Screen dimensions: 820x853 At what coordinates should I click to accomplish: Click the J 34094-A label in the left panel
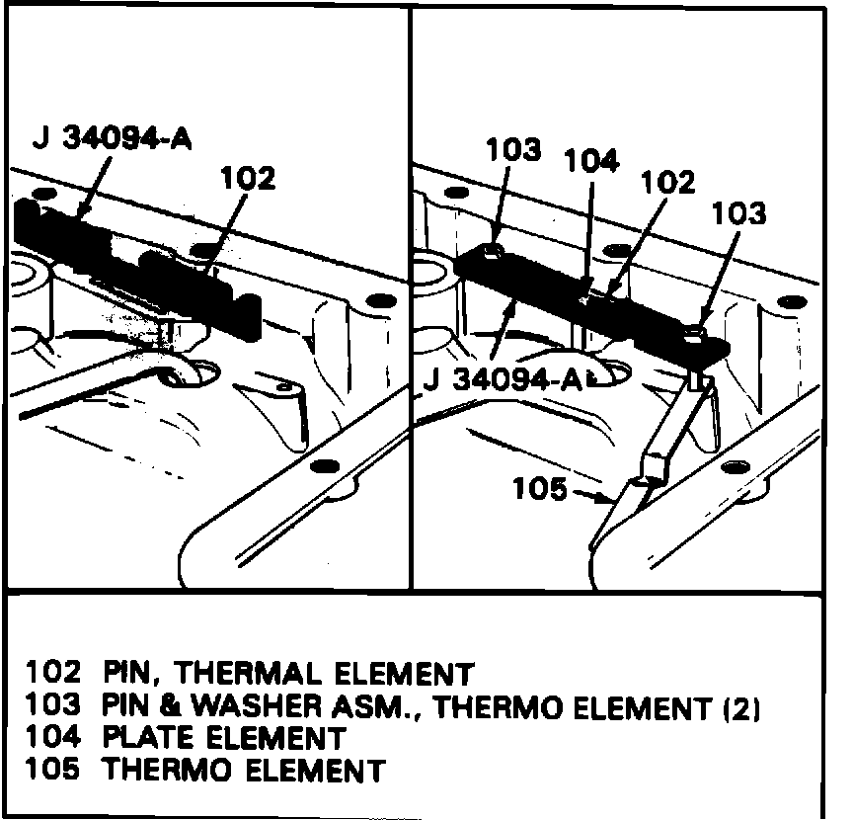tap(112, 138)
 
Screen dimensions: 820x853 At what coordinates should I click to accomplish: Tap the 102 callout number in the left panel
tap(247, 178)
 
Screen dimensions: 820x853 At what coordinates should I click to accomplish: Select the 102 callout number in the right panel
tap(668, 182)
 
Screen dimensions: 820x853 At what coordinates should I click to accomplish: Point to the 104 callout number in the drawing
tap(592, 161)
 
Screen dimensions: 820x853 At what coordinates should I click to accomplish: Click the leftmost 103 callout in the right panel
tap(513, 150)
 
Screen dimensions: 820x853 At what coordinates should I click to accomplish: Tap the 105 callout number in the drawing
tap(541, 489)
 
